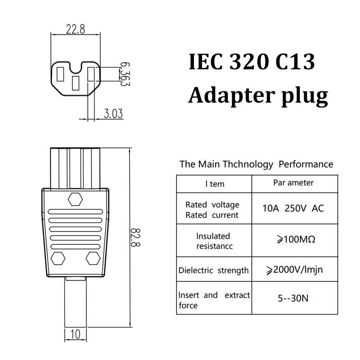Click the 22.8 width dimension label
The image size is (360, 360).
coord(76,30)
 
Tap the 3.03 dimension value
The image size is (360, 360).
coord(113,113)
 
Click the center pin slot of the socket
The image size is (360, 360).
coord(76,82)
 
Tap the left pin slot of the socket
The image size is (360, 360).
coord(61,74)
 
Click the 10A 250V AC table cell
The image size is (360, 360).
coord(293,208)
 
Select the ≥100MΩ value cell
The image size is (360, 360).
coord(295,239)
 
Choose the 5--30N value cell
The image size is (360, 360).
coord(293,298)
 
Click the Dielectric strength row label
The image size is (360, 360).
coord(214,270)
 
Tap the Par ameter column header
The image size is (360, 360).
coord(293,183)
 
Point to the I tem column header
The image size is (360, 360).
coord(214,184)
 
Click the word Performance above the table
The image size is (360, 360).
coord(306,164)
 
